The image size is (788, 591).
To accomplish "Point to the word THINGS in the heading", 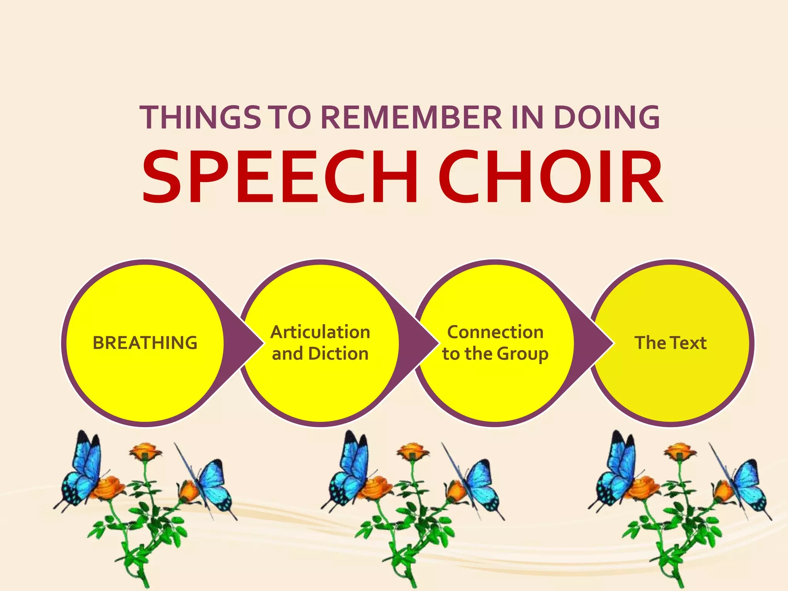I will tap(200, 117).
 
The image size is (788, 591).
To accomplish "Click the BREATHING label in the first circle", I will tap(145, 343).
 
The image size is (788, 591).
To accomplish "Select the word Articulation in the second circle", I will tap(320, 332).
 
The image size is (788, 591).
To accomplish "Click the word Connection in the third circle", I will tap(495, 332).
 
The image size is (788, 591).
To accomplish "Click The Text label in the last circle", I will tap(671, 343).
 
